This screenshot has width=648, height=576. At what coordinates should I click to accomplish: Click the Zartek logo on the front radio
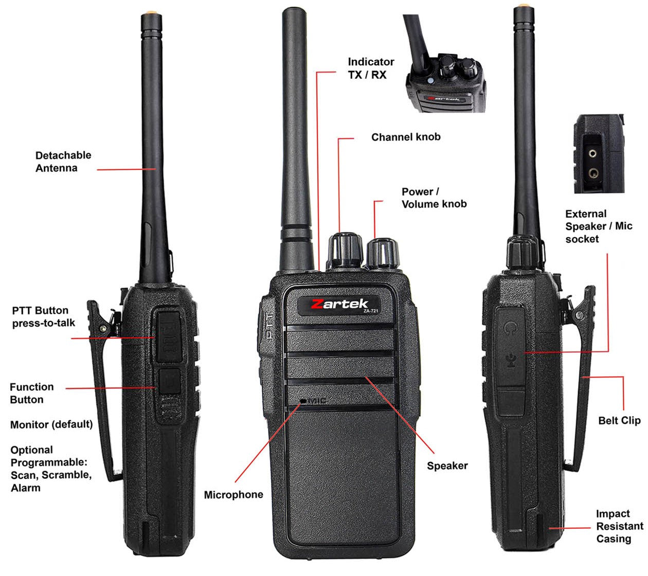coord(339,304)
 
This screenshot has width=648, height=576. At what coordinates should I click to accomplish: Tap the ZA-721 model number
coord(371,311)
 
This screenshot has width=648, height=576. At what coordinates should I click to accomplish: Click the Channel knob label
coord(406,137)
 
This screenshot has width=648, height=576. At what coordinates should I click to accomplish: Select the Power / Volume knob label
coord(434,198)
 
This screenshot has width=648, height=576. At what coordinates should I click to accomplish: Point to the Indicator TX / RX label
coord(371,68)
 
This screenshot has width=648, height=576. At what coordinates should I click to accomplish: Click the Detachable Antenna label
coord(63,161)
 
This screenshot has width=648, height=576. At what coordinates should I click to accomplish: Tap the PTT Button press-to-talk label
coord(44,317)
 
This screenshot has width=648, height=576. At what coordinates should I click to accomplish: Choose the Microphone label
coord(233,494)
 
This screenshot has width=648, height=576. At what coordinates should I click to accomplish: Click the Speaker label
coord(447,465)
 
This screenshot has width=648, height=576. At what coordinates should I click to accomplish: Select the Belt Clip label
coord(619,420)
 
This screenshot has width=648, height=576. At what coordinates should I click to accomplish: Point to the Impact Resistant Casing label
coord(620,526)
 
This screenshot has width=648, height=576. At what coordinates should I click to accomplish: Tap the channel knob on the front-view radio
coord(345,250)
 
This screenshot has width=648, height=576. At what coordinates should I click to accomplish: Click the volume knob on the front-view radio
coord(382,254)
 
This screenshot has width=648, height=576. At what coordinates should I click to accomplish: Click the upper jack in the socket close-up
coord(592,154)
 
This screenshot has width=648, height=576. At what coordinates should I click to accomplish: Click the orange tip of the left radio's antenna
coord(152,13)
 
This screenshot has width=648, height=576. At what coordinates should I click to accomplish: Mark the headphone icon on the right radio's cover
coord(510,328)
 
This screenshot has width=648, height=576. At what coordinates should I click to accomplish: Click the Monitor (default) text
coord(51,424)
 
